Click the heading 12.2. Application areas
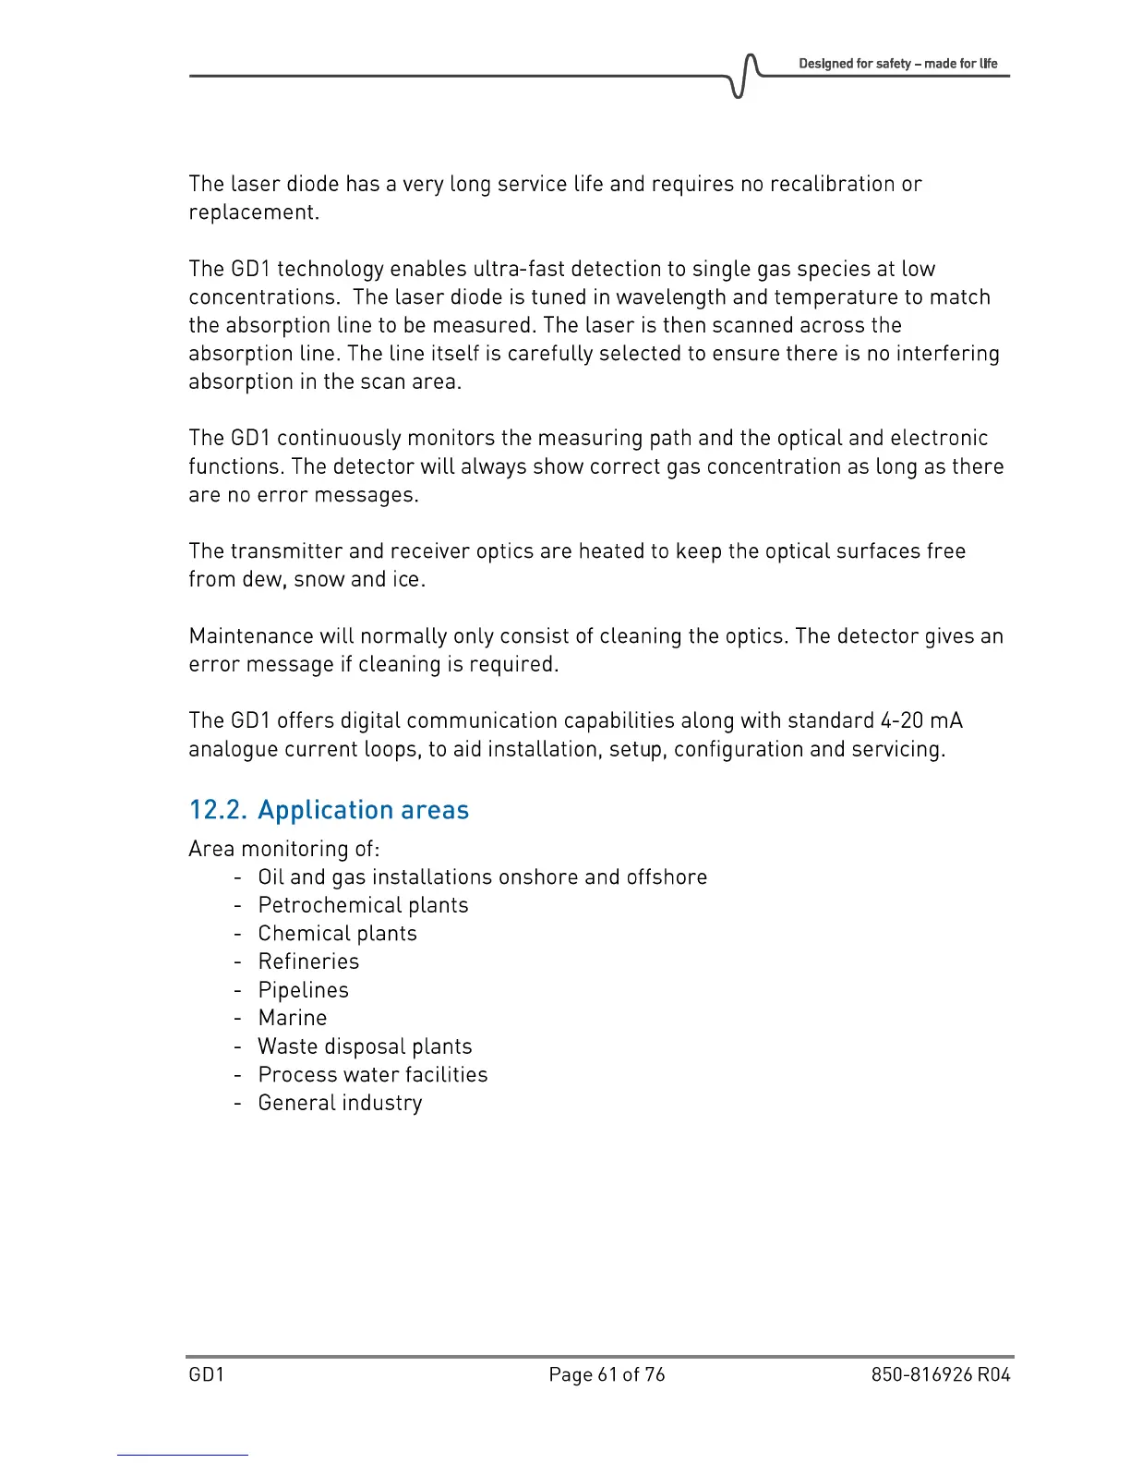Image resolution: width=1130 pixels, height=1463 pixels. tap(329, 810)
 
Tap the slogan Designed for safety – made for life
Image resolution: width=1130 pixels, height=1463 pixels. tap(897, 64)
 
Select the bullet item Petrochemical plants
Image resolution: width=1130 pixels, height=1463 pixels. tap(363, 905)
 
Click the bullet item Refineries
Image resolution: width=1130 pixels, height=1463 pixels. tap(308, 961)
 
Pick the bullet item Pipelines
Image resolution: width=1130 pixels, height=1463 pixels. tap(303, 990)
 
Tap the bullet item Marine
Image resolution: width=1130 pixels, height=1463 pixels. tap(292, 1018)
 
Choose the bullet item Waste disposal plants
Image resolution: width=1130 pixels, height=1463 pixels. tap(365, 1046)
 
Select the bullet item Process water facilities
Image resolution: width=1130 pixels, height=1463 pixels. tap(372, 1074)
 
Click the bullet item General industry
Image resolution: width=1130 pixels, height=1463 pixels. tap(340, 1103)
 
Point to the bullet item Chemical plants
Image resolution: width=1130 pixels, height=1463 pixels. tap(337, 934)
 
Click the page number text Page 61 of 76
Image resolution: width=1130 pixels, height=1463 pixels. tap(607, 1374)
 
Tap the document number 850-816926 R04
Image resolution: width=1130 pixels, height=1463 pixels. tap(940, 1374)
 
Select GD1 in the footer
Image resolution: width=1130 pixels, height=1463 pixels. tap(207, 1374)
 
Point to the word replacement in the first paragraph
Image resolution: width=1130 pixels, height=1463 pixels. tap(253, 212)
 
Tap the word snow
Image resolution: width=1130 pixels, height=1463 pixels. tap(319, 579)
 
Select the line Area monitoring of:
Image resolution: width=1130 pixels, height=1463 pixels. tap(283, 849)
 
